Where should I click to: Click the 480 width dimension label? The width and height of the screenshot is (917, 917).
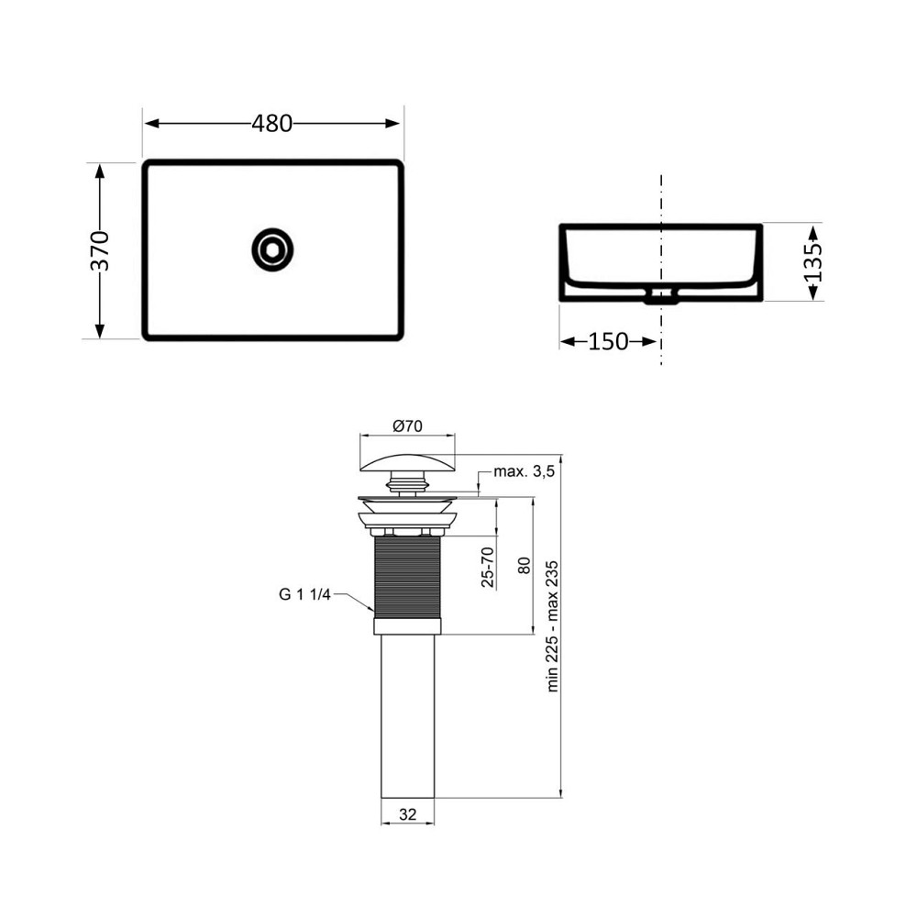[272, 124]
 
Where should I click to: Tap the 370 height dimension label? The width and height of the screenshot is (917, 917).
[100, 250]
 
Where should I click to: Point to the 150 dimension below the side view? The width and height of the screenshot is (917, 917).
[608, 342]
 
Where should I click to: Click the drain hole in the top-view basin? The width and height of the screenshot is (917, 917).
[271, 249]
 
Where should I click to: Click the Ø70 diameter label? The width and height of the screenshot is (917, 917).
[407, 426]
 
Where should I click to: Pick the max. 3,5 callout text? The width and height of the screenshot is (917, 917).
[525, 471]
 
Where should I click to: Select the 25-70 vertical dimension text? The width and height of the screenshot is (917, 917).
[488, 567]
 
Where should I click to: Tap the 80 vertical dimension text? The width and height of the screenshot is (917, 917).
[524, 565]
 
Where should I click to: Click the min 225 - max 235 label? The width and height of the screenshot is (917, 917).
[553, 625]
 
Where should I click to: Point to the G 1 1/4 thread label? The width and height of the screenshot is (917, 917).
[305, 593]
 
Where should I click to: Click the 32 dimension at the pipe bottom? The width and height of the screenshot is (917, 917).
[407, 812]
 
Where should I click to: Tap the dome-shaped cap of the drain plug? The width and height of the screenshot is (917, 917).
[407, 456]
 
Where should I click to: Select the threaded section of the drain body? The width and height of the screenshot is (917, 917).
[407, 578]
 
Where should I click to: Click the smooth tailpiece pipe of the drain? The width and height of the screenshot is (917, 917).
[407, 715]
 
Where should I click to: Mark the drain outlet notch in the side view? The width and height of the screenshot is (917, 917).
[660, 295]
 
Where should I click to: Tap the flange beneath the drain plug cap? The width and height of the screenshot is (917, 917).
[407, 503]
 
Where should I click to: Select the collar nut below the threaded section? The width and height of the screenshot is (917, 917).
[407, 626]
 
